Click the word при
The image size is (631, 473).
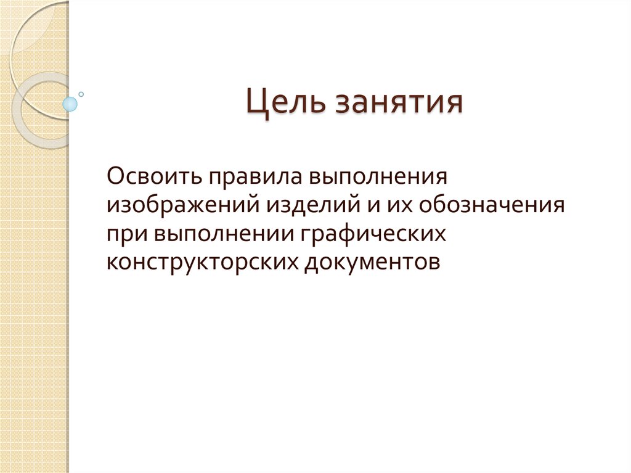[126, 233]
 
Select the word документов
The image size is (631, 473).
[372, 261]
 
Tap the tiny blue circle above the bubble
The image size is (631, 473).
[81, 94]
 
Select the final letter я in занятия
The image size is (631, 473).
[454, 103]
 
